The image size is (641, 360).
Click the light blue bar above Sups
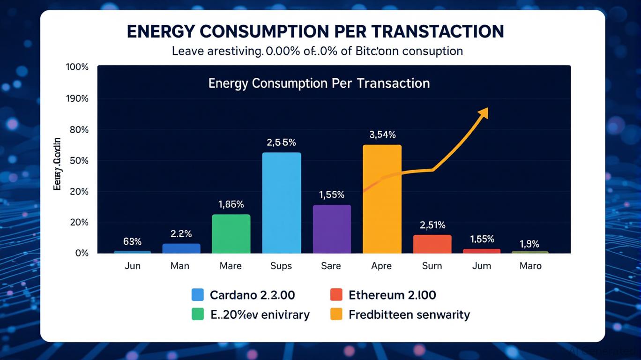(x=281, y=203)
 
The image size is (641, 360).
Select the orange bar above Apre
(x=382, y=199)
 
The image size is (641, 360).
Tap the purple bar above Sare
(x=332, y=229)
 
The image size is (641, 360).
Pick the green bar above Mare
(x=231, y=234)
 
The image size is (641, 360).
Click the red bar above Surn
(x=432, y=244)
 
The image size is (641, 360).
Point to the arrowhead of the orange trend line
(x=484, y=112)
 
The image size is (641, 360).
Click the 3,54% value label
(x=382, y=135)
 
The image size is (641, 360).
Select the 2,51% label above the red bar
(x=432, y=225)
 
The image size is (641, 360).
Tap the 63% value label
(x=132, y=242)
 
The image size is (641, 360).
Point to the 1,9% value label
(x=529, y=244)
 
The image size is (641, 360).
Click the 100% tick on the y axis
(x=77, y=67)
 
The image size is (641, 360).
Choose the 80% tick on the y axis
(x=79, y=129)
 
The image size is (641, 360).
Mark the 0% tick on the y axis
(x=82, y=253)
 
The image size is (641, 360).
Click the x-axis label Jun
(x=132, y=266)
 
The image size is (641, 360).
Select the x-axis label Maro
(x=530, y=266)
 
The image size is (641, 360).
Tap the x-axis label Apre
(x=381, y=266)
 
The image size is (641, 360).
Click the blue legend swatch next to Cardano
(x=198, y=295)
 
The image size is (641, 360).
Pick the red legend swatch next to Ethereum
(x=336, y=295)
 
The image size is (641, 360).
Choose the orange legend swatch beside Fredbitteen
(x=336, y=314)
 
